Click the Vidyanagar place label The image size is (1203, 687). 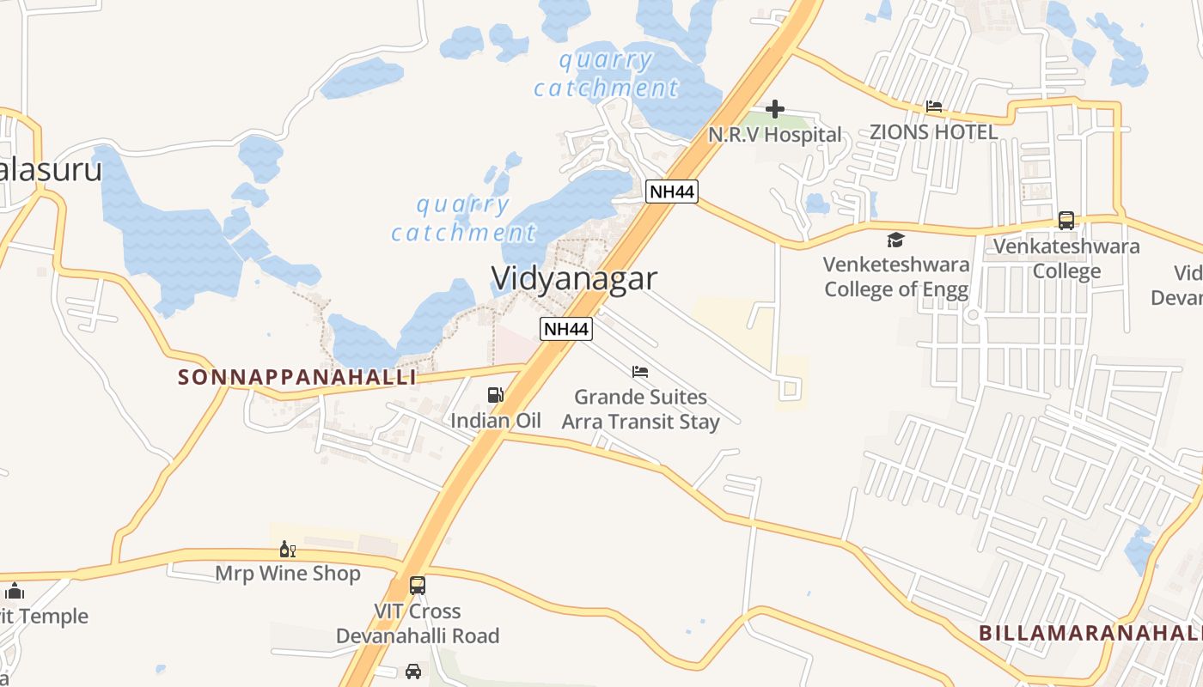tap(574, 278)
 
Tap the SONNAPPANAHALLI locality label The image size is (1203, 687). tap(297, 377)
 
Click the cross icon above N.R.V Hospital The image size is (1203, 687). tap(775, 109)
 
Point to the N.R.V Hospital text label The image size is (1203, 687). tap(774, 135)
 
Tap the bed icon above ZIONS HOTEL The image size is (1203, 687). tap(934, 106)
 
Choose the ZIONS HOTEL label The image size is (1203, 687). tap(933, 132)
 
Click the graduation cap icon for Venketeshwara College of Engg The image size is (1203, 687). tap(895, 240)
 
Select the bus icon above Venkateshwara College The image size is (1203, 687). tap(1066, 220)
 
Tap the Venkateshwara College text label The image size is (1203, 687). tap(1066, 258)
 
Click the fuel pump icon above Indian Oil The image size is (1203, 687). tap(496, 395)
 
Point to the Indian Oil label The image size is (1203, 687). tap(496, 421)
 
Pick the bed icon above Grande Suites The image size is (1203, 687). tap(640, 372)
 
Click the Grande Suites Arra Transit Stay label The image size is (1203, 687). tap(640, 410)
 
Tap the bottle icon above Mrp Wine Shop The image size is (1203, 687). tap(287, 549)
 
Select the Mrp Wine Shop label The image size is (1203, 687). tap(287, 573)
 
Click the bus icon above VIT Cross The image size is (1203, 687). tap(418, 586)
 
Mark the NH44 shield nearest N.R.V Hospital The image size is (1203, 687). tap(671, 191)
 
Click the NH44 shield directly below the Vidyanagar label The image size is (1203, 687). tap(566, 328)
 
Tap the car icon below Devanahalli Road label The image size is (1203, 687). tap(413, 671)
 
